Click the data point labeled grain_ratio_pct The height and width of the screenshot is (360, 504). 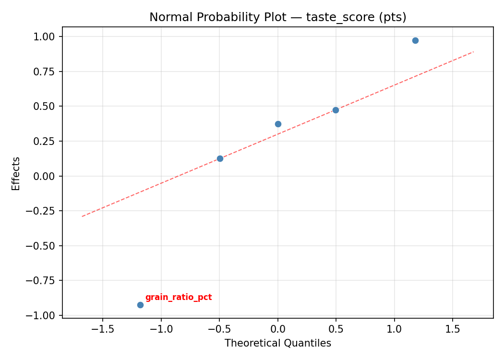[x=140, y=305]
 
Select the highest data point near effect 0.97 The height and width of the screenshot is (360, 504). [x=415, y=40]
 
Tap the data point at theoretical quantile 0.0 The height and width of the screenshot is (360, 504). [x=278, y=124]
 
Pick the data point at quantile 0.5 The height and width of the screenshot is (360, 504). [x=336, y=110]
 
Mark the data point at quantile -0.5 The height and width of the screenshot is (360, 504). [x=220, y=158]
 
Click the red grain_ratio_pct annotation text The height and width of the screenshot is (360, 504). [x=179, y=298]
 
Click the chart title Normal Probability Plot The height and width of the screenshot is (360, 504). [x=278, y=17]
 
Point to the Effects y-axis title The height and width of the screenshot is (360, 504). [x=16, y=173]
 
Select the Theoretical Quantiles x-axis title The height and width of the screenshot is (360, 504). [x=278, y=343]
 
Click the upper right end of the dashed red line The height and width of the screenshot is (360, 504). [x=473, y=51]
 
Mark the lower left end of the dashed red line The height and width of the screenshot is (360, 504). [x=82, y=216]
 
